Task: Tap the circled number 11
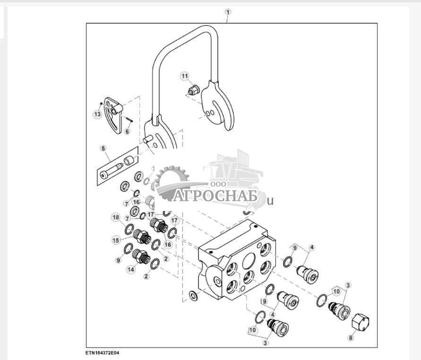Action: pos(185,76)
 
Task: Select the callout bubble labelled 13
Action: pos(97,114)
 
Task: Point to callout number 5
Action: pos(103,149)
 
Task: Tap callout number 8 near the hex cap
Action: pos(350,338)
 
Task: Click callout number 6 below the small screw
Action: pos(127,132)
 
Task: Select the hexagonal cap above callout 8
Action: pos(361,323)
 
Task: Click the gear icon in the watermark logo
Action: pos(172,180)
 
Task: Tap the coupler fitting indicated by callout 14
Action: pos(139,256)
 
